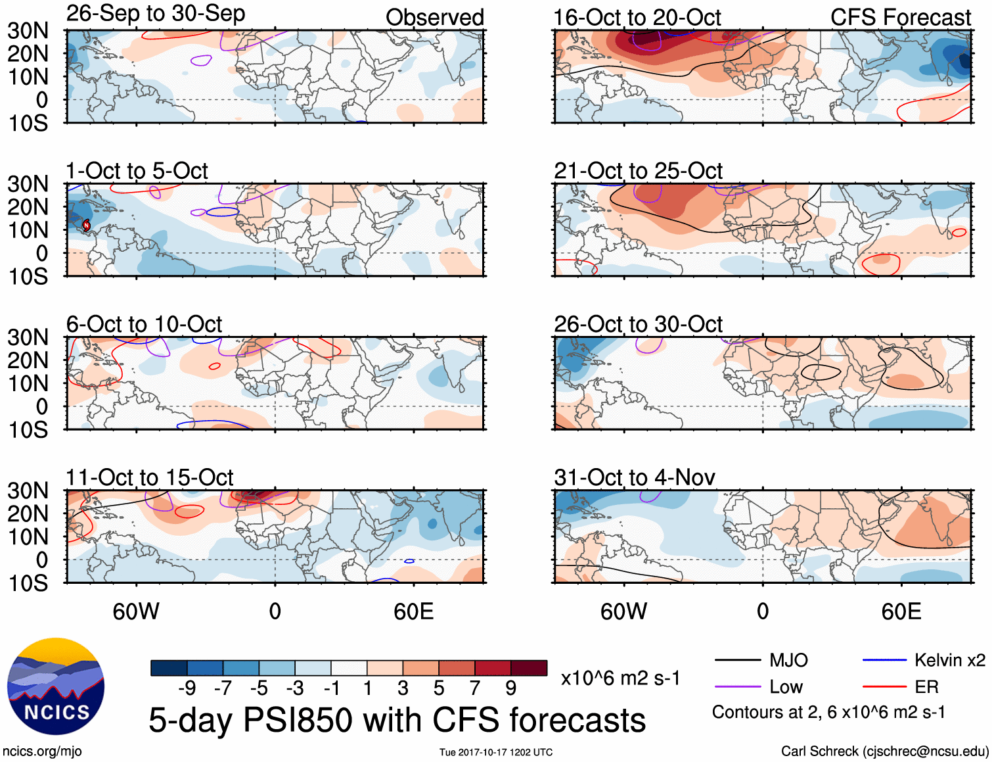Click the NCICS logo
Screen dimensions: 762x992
tap(56, 687)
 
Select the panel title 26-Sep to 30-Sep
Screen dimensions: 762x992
tap(156, 14)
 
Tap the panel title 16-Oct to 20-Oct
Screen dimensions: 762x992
tap(637, 18)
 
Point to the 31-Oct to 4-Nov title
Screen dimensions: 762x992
tap(635, 477)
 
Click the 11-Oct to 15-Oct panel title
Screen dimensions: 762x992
tap(150, 477)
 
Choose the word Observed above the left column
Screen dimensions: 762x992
tap(434, 18)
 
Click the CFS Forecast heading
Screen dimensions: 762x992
tap(900, 18)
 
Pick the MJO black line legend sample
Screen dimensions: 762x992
tap(737, 660)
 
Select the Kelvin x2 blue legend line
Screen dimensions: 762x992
tap(884, 660)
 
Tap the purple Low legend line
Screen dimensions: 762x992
tap(737, 687)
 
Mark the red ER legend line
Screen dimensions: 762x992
tap(884, 687)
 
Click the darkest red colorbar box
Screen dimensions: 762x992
tap(529, 668)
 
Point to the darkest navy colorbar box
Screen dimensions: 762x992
tap(169, 668)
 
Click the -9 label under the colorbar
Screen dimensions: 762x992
tap(187, 688)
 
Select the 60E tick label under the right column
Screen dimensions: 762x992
tap(901, 612)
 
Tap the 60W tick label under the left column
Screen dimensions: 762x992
tap(136, 612)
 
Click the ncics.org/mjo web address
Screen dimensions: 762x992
tap(42, 751)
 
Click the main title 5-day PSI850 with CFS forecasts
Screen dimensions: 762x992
tap(397, 721)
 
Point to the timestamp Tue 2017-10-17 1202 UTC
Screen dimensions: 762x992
tap(496, 752)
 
